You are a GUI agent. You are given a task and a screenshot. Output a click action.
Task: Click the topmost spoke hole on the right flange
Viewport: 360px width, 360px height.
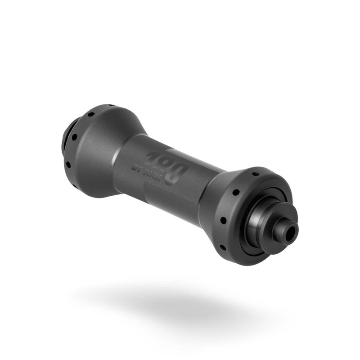tap(256, 173)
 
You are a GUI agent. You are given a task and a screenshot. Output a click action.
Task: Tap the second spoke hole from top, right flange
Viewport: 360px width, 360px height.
tap(234, 192)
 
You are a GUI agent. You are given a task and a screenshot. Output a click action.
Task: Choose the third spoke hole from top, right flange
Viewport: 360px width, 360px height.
tap(223, 220)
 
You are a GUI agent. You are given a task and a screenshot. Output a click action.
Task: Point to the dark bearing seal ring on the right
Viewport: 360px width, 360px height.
tap(252, 243)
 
